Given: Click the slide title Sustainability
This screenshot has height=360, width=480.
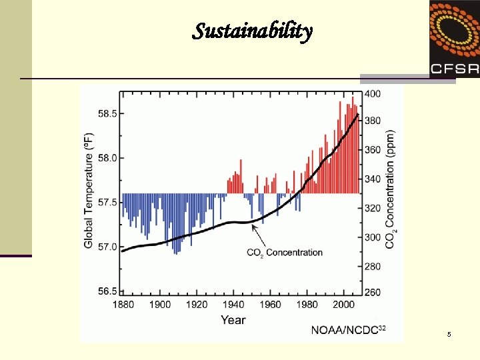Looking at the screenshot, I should coord(252,31).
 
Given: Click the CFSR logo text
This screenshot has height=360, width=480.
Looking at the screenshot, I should coord(454,67).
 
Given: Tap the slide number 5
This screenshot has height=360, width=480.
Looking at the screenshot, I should coord(449,334).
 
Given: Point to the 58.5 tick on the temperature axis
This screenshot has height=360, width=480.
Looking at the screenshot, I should coord(107,114).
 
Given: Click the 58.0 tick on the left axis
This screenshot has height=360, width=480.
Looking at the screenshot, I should coord(107,158).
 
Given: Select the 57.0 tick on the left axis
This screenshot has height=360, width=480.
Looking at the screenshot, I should coord(107,247).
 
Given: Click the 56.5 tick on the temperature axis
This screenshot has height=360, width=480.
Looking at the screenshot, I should coord(107,291).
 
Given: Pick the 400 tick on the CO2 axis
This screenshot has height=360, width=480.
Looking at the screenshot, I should coord(373,94).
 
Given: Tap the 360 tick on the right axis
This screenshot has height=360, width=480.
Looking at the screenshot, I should coord(373,150).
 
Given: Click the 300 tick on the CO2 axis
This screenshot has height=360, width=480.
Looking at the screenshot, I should coord(373,237).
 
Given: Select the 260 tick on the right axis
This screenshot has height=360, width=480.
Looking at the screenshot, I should coord(373,291).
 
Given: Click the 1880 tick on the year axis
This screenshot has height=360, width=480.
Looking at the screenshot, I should coord(123,305).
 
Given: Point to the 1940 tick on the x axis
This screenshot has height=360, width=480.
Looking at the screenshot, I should coord(233,305).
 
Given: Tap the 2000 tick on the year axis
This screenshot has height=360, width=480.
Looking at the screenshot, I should coord(344,305).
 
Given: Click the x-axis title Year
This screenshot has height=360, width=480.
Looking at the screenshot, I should coord(233,320).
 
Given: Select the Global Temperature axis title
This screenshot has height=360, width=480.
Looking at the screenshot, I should coord(89,191).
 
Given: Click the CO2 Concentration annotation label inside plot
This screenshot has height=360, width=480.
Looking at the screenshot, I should coord(285,253).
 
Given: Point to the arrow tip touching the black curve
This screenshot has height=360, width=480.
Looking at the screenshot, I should coord(252,223).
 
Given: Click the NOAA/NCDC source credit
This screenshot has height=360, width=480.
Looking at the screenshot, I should coord(349,330).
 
